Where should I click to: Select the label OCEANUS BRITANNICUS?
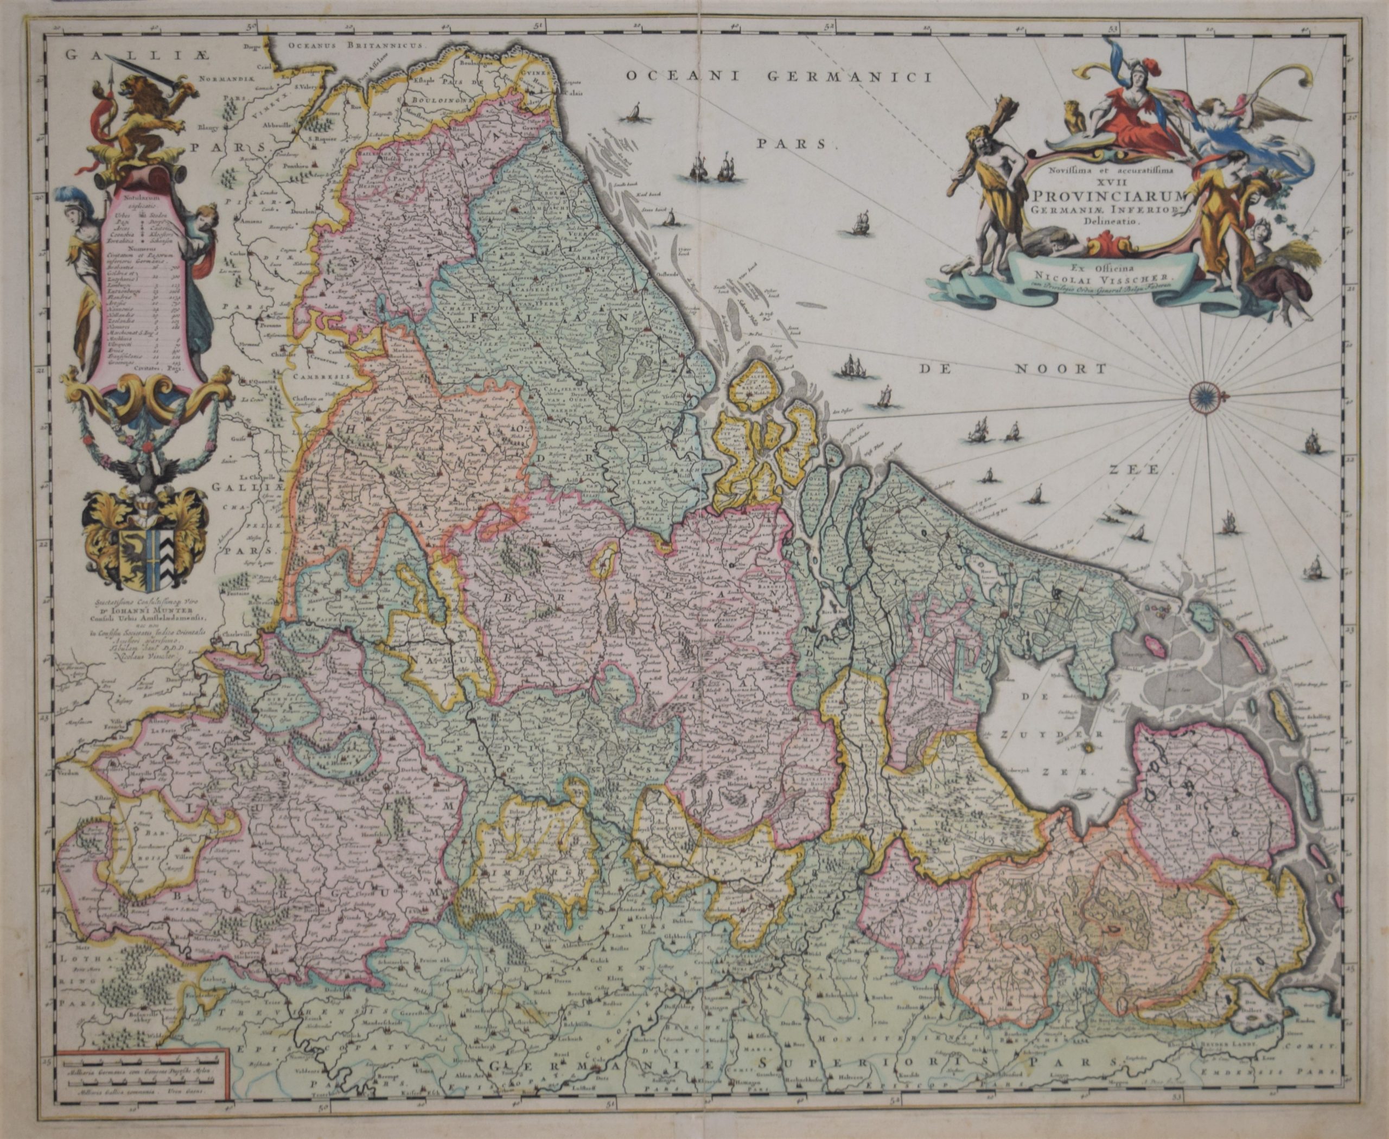(358, 47)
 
